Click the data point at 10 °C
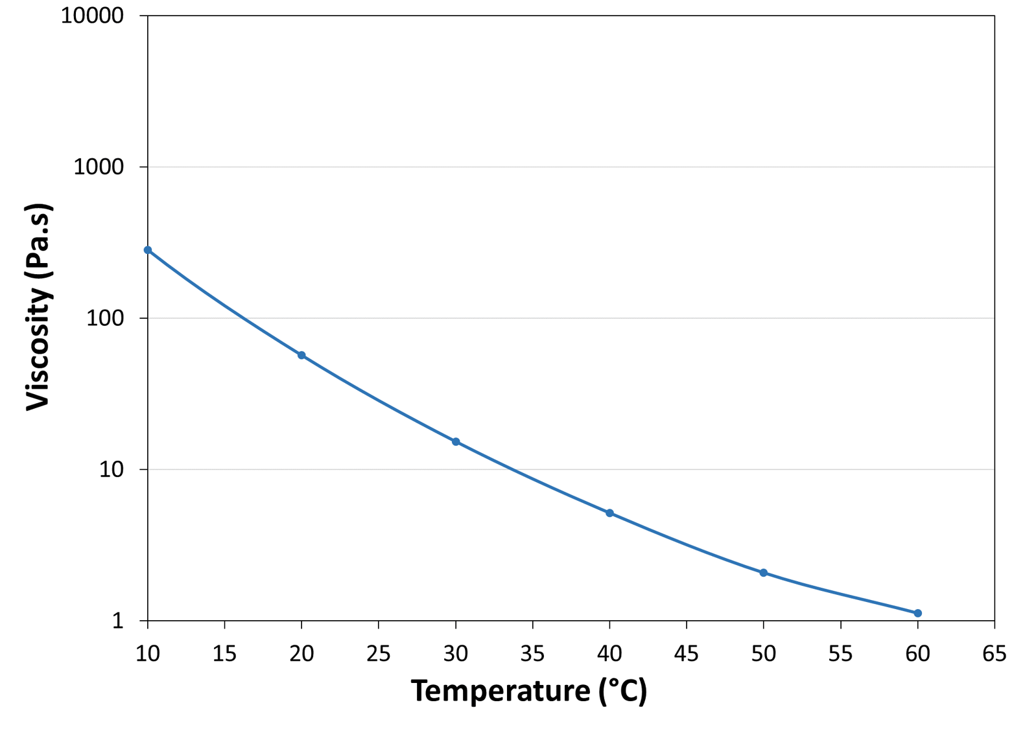[x=148, y=250]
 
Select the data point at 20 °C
[x=301, y=355]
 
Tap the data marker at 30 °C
[x=456, y=442]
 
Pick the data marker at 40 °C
[x=609, y=513]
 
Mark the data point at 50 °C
[x=764, y=573]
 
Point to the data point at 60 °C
[x=917, y=613]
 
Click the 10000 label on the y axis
[x=92, y=16]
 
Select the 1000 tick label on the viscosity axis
[x=98, y=167]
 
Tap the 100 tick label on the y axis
[x=104, y=318]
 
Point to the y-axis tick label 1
[x=117, y=621]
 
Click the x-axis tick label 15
[x=224, y=654]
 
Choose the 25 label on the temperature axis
[x=378, y=654]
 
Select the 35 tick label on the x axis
[x=532, y=654]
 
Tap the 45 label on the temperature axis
[x=686, y=654]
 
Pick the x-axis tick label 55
[x=840, y=654]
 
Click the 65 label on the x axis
[x=994, y=654]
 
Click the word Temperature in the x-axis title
[x=500, y=691]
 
